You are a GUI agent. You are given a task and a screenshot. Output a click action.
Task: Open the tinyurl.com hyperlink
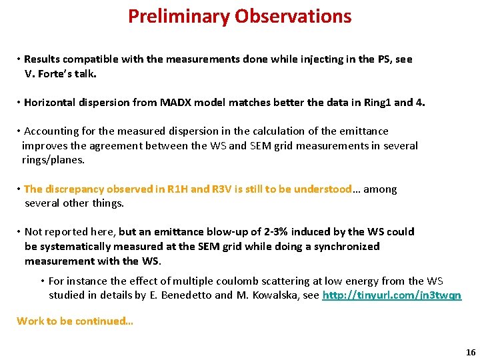[391, 295]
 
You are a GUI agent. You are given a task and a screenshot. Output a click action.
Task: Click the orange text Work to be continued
[75, 321]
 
